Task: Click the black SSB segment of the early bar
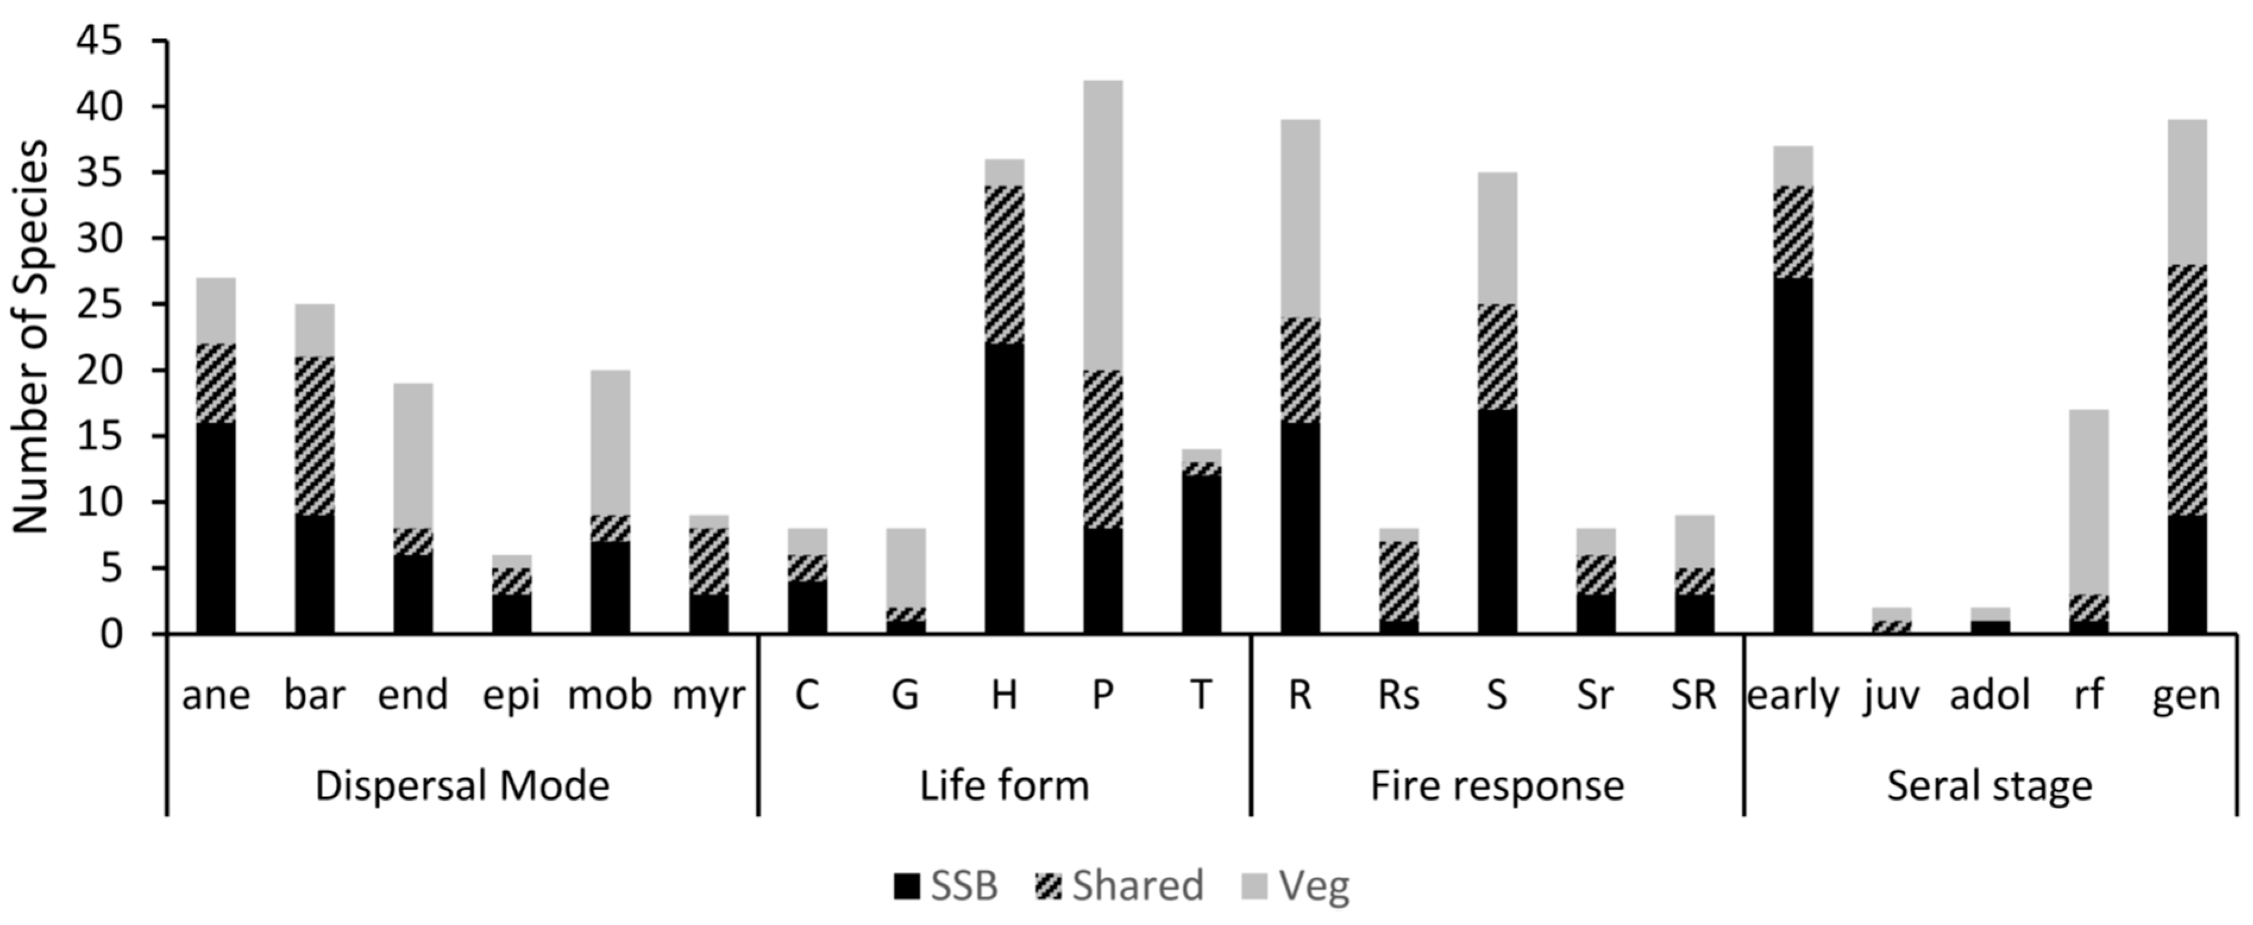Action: coord(1792,455)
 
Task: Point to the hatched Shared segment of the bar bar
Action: coord(314,436)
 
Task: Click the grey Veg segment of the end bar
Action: coord(413,455)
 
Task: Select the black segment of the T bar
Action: coord(1201,554)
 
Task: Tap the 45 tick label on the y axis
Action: coord(103,41)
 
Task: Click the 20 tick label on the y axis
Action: coord(103,370)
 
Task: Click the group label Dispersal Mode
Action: coord(462,785)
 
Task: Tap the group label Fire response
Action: coord(1497,785)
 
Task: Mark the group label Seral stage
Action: coord(1989,785)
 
